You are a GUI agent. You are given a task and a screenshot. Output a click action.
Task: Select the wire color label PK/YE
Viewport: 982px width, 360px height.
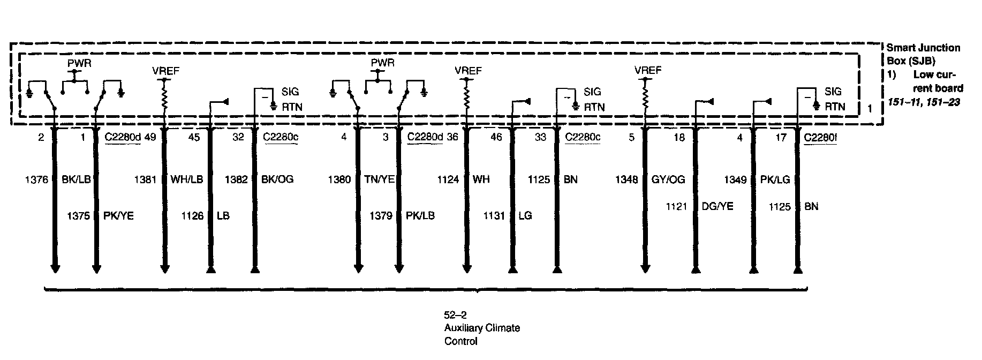click(118, 216)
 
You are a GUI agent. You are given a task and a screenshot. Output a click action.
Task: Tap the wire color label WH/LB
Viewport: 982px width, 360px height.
click(187, 179)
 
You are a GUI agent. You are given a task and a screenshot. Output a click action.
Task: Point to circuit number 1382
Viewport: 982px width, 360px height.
click(236, 179)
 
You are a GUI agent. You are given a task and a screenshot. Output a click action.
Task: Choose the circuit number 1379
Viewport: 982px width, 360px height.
click(381, 216)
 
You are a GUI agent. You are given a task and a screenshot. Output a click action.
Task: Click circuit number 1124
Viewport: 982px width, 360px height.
click(448, 179)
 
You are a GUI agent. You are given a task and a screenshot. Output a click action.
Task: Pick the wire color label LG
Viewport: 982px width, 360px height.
click(525, 216)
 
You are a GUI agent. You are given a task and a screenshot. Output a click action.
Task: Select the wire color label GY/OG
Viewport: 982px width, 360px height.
click(668, 179)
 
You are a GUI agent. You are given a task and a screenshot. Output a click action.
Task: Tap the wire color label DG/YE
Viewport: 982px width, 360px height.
click(717, 206)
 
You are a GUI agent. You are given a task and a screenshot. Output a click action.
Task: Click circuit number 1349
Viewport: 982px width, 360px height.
click(735, 179)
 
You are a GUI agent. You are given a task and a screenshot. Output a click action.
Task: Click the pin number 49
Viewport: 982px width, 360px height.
click(150, 138)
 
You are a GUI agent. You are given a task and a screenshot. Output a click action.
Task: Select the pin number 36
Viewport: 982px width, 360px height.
click(452, 138)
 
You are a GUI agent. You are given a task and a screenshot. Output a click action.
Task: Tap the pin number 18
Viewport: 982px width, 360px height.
click(679, 138)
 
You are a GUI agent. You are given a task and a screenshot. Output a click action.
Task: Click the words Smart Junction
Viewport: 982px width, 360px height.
click(924, 48)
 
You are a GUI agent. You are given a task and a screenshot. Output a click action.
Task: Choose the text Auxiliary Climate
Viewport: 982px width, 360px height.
click(482, 328)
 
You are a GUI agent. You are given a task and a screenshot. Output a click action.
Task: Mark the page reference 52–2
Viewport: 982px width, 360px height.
click(455, 316)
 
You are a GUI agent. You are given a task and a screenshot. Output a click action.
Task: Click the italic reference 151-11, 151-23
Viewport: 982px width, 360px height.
click(924, 101)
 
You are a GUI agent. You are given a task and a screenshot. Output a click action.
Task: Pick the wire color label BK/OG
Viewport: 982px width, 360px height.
click(277, 179)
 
